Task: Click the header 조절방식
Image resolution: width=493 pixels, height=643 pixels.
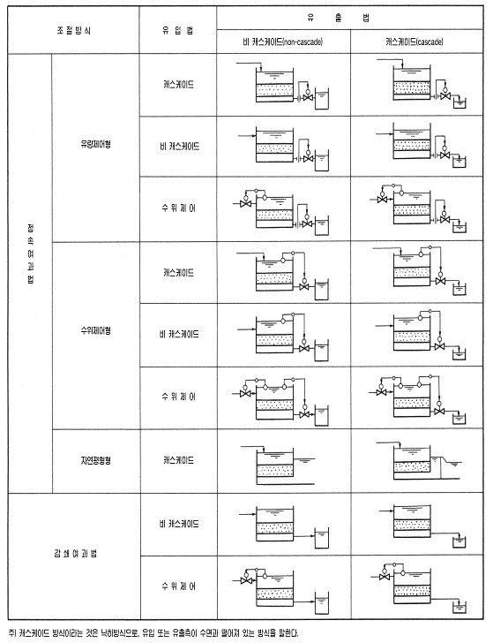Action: point(74,31)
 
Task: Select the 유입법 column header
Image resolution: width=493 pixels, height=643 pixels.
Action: point(177,31)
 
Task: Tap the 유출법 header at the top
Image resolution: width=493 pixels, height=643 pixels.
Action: point(339,18)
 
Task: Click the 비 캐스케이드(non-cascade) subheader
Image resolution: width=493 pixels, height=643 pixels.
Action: point(282,42)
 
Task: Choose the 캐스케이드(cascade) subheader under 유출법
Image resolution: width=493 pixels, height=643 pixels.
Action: point(415,42)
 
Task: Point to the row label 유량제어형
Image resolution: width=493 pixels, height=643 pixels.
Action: point(95,144)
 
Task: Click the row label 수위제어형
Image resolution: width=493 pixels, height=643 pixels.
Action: point(95,330)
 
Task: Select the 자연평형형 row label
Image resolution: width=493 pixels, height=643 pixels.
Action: point(95,460)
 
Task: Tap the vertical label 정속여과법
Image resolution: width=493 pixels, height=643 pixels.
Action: point(31,253)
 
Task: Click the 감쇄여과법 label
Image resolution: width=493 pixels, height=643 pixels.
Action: point(75,554)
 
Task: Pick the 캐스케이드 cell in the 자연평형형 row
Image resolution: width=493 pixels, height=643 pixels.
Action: point(178,460)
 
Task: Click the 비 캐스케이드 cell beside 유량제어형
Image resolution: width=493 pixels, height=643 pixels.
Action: point(179,147)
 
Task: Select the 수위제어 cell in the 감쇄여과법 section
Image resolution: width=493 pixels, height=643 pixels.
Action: point(178,586)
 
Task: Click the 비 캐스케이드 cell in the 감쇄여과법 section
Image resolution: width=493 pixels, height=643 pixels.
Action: point(179,524)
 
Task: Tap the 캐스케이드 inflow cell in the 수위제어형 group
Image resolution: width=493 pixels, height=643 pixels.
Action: point(178,273)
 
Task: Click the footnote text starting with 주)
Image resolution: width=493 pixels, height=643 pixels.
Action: point(153,632)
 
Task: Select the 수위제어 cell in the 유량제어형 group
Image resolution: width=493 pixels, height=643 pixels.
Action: point(178,208)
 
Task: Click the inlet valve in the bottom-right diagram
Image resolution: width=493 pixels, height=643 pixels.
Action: point(385,577)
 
